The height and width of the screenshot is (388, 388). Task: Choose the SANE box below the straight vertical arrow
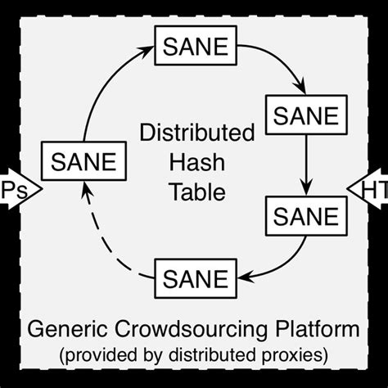305,217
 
